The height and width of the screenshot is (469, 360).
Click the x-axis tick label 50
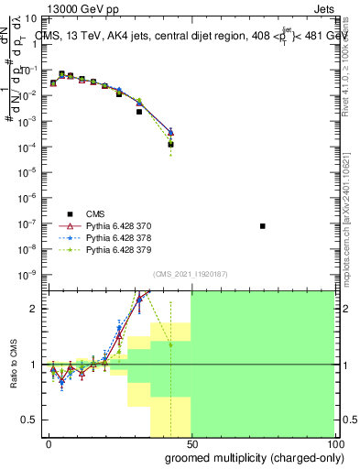(x=191, y=442)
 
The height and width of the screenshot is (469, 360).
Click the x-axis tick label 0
(x=49, y=442)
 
